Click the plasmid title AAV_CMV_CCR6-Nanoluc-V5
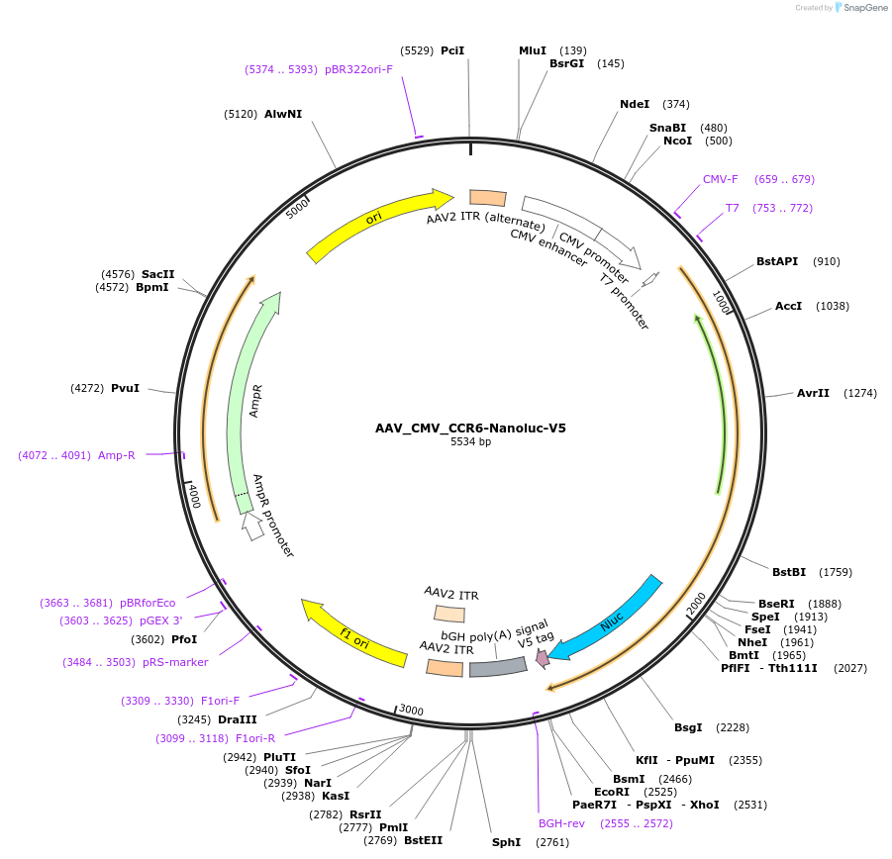coord(470,429)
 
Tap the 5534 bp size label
coord(470,442)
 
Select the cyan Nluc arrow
coord(606,616)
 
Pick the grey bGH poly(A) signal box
coord(498,667)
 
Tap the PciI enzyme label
coord(452,49)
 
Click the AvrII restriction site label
coord(813,393)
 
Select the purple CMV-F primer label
coord(721,179)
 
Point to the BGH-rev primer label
coord(561,822)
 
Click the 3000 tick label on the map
coord(411,711)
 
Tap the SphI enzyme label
coord(506,842)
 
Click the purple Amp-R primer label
coord(116,455)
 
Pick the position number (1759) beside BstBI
coord(831,571)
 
